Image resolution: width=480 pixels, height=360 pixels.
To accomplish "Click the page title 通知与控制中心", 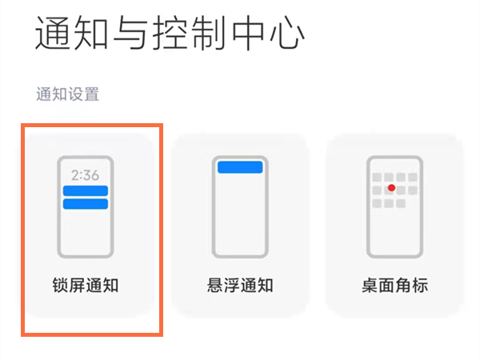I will (x=170, y=34).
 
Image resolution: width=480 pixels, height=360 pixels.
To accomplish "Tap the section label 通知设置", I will (x=68, y=94).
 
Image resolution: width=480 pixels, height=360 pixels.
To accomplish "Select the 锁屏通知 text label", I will (x=85, y=285).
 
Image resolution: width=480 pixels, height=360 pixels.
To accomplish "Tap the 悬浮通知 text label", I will (x=241, y=285).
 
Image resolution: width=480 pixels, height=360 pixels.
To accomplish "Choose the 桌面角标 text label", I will (x=394, y=285).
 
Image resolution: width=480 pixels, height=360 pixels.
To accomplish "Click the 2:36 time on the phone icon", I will (x=85, y=174).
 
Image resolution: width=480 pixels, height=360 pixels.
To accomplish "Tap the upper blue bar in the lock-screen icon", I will (x=86, y=190).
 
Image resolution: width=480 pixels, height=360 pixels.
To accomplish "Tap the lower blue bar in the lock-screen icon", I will (x=86, y=204).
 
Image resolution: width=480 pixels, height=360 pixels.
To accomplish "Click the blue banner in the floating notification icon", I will (x=240, y=166).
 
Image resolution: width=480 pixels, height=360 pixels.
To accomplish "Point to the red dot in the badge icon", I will (x=391, y=188).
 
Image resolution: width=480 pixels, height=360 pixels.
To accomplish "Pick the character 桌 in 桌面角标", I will (x=370, y=285).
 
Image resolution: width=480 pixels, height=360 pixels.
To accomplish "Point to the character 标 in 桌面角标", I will (x=420, y=285).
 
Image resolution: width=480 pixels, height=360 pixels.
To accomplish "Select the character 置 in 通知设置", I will (x=93, y=94).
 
